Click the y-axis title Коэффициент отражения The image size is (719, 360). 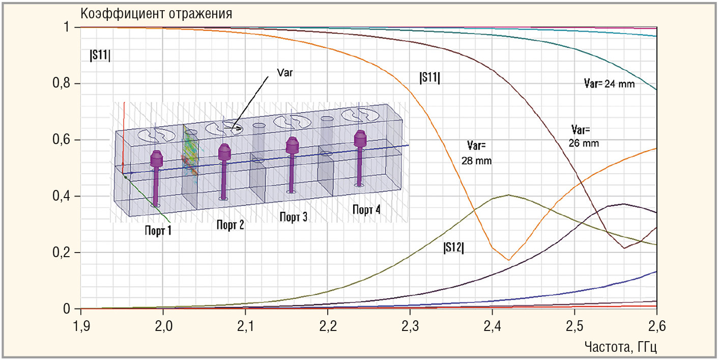point(157,13)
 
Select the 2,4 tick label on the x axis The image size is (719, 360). point(492,325)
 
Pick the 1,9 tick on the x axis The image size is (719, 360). point(81,325)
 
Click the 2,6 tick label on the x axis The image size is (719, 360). point(656,325)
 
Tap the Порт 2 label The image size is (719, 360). point(230,225)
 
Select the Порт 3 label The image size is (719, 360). point(293,217)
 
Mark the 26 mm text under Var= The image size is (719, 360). point(584,144)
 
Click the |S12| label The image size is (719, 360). point(454,248)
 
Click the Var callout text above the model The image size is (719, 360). point(285,73)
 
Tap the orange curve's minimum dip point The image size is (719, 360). point(508,260)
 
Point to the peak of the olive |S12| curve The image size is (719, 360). point(508,195)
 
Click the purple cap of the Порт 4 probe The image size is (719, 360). point(360,137)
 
